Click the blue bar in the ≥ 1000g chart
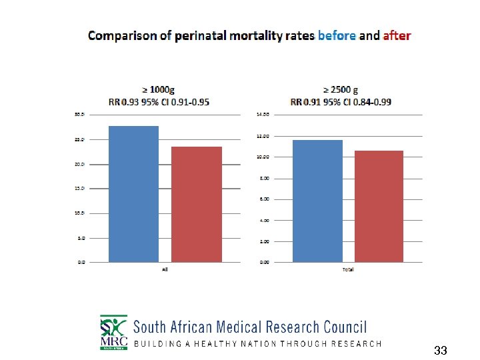coord(133,194)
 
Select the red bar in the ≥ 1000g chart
coord(197,204)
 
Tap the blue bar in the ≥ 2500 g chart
coord(317,201)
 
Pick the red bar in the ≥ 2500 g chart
coord(379,206)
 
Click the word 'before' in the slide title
coord(337,35)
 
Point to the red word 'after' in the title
coord(397,35)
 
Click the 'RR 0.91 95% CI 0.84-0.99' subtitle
coord(341,102)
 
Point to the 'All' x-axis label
coord(164,269)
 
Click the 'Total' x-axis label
coord(347,269)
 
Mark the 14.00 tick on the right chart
coord(263,115)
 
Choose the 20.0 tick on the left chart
coord(80,164)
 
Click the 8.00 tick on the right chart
coord(263,178)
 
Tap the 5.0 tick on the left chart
coord(81,238)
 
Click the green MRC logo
coord(113,332)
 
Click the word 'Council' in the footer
coord(345,327)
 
